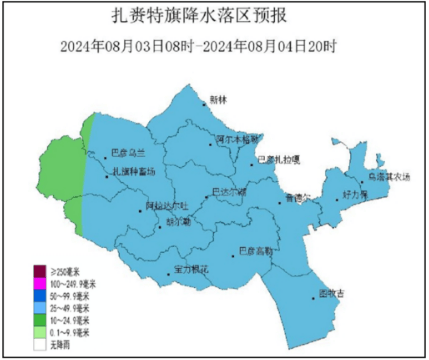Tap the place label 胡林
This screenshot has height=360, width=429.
click(x=219, y=100)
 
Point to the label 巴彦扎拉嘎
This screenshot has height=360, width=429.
click(x=278, y=159)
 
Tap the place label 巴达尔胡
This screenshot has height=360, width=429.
click(x=228, y=191)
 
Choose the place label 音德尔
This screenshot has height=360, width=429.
click(x=298, y=198)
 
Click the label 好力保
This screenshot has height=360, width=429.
click(x=356, y=194)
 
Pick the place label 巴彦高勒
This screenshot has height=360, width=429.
click(x=257, y=250)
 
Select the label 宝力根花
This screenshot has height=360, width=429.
click(x=189, y=269)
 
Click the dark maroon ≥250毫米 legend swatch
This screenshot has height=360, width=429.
click(x=40, y=273)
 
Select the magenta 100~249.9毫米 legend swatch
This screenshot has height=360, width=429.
click(x=40, y=285)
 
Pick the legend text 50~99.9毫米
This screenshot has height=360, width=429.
click(x=71, y=297)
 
